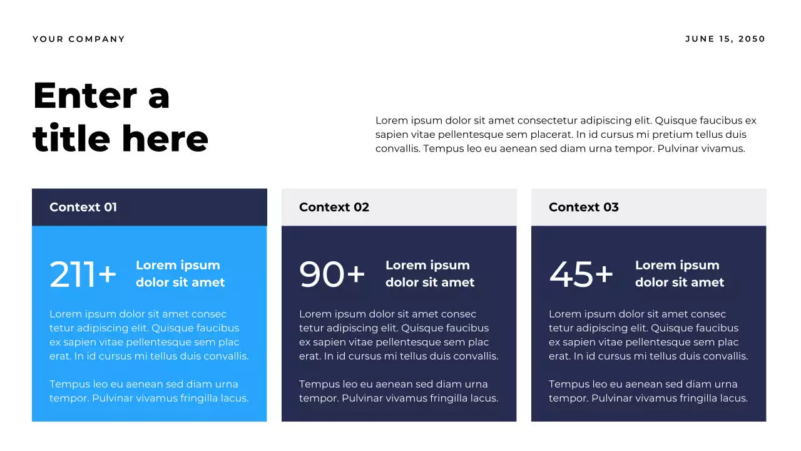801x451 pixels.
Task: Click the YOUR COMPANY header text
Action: (x=79, y=39)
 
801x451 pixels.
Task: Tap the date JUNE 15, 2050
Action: (x=725, y=39)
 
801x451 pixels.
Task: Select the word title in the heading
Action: (x=73, y=138)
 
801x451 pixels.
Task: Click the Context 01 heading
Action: (x=83, y=207)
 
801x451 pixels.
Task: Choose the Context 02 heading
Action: (x=334, y=207)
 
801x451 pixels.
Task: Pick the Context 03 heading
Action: (x=584, y=207)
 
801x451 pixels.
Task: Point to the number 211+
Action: (x=83, y=274)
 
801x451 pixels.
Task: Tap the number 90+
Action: (x=332, y=274)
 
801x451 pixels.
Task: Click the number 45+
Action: (x=581, y=274)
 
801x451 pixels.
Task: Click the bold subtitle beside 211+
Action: (x=180, y=274)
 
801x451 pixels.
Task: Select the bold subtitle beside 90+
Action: (x=430, y=274)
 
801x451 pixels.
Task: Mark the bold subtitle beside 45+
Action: (x=680, y=274)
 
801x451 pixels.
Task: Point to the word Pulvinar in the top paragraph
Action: (x=679, y=148)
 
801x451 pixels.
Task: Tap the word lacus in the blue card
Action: (x=235, y=398)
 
